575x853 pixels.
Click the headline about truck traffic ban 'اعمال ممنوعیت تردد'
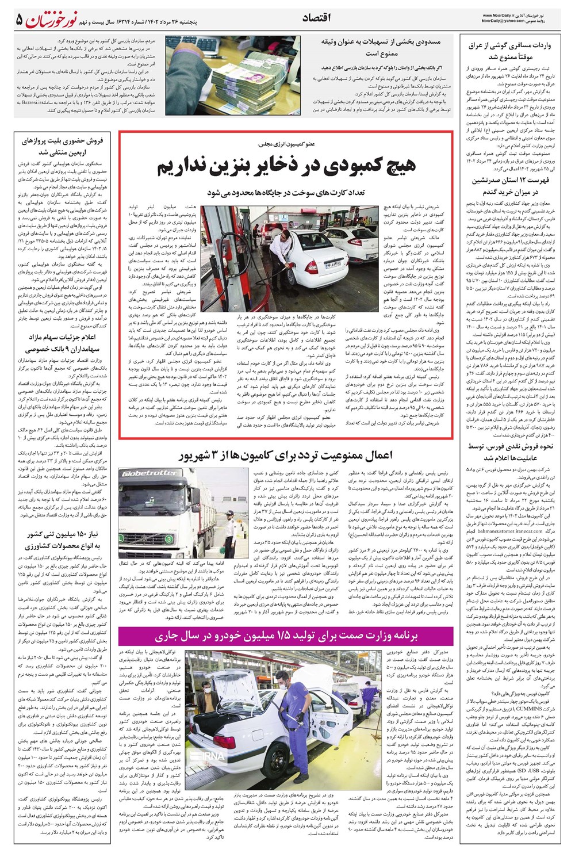286,456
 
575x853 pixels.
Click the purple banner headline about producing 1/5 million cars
286,636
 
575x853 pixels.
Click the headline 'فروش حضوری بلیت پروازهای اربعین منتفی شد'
62,147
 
